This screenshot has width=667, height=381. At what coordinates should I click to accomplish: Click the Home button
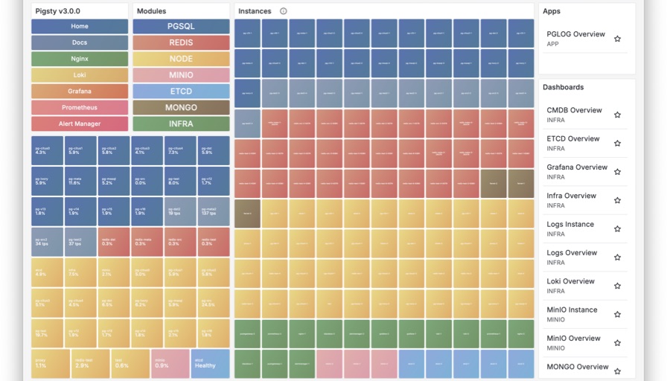point(80,27)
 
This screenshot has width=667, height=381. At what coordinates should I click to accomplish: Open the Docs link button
point(80,43)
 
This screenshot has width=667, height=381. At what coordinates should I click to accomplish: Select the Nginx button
point(80,59)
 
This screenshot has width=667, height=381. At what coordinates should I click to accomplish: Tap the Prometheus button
point(80,108)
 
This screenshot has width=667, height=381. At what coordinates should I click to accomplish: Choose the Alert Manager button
point(80,124)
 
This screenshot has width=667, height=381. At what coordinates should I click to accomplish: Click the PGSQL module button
point(181,27)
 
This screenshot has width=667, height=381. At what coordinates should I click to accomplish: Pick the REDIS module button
point(181,43)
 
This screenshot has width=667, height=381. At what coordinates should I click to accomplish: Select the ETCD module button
point(181,92)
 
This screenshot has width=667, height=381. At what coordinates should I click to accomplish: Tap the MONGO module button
point(181,108)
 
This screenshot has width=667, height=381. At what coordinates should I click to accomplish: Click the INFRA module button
point(181,124)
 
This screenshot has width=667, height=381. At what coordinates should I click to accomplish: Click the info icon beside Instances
point(284,11)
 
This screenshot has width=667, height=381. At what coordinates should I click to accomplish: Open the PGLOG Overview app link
point(575,34)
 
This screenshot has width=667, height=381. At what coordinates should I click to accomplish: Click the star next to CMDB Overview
point(617,115)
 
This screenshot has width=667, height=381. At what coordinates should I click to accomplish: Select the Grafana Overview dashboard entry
point(577,167)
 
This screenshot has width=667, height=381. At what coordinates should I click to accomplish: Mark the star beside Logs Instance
point(617,229)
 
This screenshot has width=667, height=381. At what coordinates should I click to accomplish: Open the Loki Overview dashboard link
point(570,281)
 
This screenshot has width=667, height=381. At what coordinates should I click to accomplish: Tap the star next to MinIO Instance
point(617,315)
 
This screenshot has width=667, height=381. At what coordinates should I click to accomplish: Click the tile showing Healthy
point(210,363)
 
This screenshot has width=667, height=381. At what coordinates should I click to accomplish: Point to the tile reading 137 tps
point(214,211)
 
